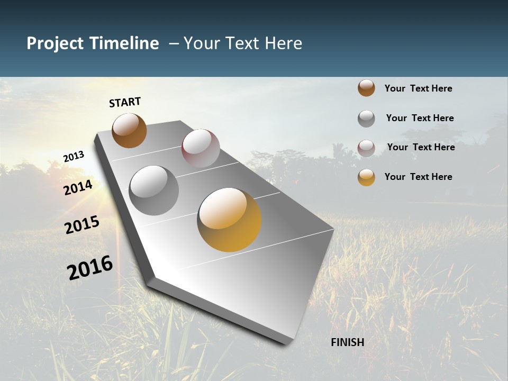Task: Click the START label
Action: [125, 102]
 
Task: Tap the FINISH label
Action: [347, 342]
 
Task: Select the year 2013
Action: [74, 156]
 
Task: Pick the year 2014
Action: [78, 188]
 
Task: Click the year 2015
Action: [81, 225]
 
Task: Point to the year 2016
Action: [90, 268]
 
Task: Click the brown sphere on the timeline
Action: [129, 130]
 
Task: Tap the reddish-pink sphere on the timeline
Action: [201, 148]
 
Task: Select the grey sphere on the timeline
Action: [153, 190]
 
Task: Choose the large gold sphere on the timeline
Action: [229, 220]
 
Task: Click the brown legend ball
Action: [366, 88]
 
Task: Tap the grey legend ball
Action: [366, 118]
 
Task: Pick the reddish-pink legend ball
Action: [366, 148]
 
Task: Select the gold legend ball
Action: [366, 177]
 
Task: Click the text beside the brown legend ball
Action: [418, 88]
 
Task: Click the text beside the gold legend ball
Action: [418, 177]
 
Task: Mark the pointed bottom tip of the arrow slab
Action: [286, 342]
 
